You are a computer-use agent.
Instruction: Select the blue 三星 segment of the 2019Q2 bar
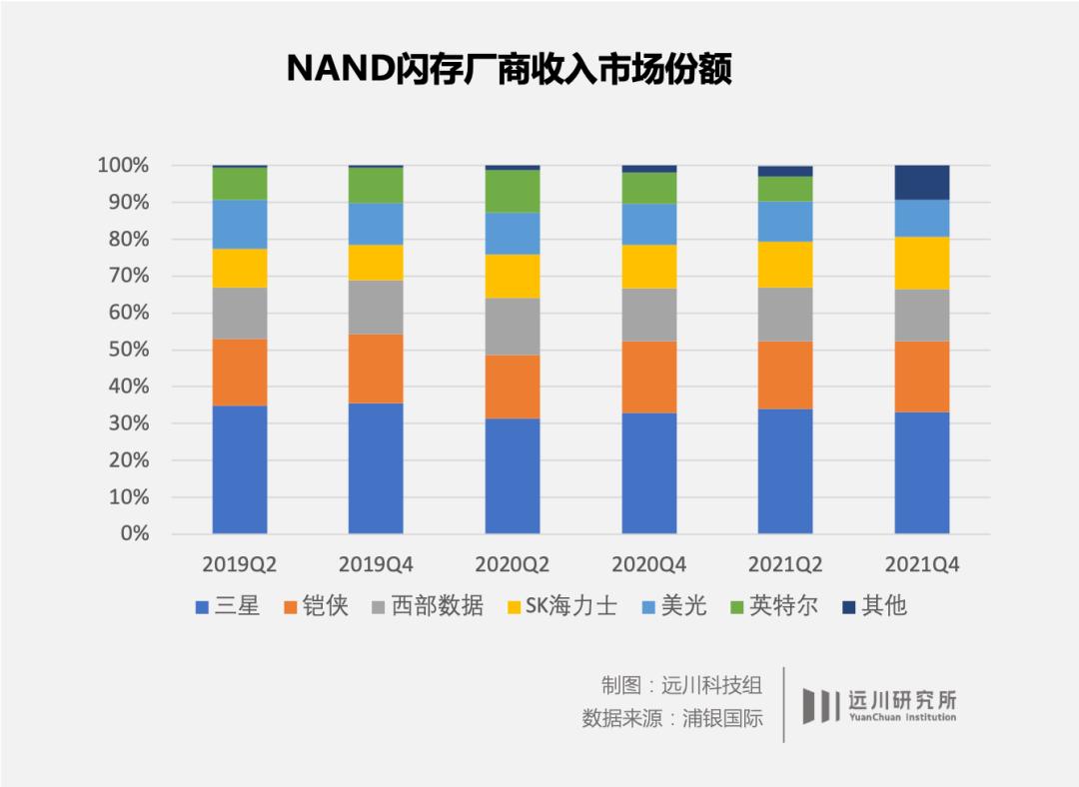[x=240, y=469]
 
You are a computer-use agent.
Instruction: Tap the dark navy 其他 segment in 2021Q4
[x=921, y=182]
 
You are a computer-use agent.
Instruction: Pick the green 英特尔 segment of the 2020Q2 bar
[x=513, y=191]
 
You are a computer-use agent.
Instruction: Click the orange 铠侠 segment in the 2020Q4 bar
[x=648, y=377]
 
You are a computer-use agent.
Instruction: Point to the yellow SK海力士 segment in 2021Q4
[x=921, y=263]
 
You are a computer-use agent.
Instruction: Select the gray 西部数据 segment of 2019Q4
[x=376, y=307]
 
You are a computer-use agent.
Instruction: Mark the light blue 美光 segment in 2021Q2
[x=785, y=222]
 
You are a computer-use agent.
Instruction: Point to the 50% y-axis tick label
[x=128, y=350]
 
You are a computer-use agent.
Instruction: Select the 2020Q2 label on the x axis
[x=513, y=564]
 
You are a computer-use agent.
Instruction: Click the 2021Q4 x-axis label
[x=921, y=564]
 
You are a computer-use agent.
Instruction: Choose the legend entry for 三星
[x=228, y=606]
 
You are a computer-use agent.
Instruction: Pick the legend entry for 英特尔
[x=774, y=606]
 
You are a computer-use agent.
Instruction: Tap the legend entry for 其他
[x=873, y=606]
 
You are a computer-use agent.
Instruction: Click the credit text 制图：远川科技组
[x=681, y=685]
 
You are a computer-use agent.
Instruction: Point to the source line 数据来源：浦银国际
[x=672, y=718]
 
